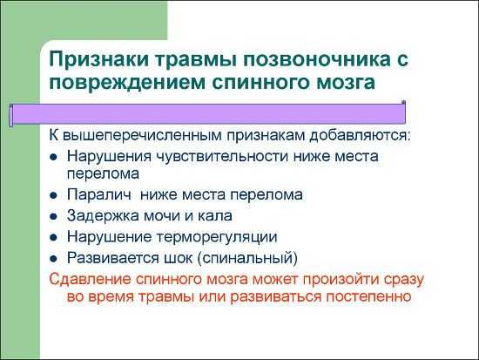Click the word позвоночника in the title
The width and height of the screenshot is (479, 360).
click(316, 59)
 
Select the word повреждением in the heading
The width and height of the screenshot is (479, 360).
click(127, 83)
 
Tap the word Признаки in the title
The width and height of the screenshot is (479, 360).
click(98, 59)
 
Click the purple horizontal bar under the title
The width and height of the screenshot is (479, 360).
click(208, 114)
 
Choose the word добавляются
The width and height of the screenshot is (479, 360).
click(359, 135)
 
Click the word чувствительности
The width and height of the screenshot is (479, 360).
click(222, 157)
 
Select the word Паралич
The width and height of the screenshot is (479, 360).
click(99, 195)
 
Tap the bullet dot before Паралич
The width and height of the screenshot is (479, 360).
click(53, 195)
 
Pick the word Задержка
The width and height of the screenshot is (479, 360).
click(103, 216)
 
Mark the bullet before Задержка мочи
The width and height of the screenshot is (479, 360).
click(53, 216)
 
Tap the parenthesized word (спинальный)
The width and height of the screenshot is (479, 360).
click(247, 259)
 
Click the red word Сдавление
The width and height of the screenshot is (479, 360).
click(90, 280)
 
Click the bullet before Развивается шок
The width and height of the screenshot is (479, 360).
click(53, 259)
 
